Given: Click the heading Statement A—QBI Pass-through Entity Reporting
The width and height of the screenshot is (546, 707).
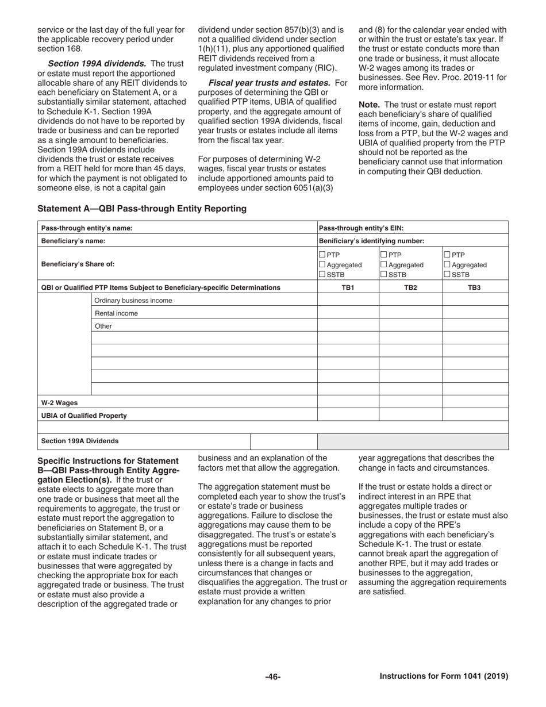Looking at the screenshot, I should [142, 209].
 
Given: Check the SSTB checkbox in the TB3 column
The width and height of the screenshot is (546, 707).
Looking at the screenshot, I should [447, 275].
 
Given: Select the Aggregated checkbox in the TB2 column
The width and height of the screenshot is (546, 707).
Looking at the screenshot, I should [384, 265].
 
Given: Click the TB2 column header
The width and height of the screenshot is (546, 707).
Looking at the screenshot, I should [410, 287].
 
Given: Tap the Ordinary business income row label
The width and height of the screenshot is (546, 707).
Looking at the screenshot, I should [133, 301].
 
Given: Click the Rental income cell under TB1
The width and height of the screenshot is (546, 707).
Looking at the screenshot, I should [348, 313].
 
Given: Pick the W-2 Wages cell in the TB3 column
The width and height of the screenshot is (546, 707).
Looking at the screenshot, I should [475, 402].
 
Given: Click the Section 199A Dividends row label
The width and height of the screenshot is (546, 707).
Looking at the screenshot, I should [80, 441].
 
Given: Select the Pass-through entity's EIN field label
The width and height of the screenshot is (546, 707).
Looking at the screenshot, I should [361, 228].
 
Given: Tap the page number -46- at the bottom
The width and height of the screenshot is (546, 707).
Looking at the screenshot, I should [272, 677].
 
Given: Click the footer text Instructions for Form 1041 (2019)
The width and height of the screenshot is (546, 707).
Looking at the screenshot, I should [444, 677].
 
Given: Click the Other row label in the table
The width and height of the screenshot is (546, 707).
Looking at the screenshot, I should [103, 326].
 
